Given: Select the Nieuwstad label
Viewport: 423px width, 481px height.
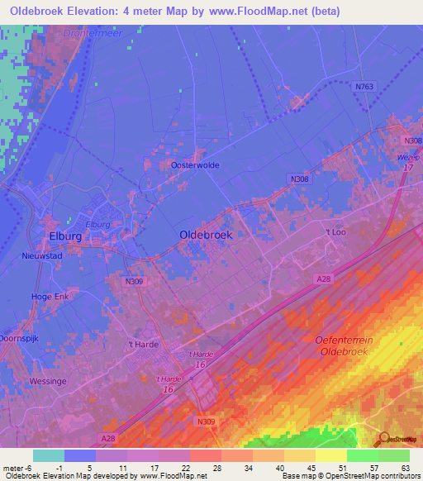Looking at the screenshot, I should (x=42, y=255).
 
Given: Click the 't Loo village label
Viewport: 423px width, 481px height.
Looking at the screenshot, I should (x=335, y=232).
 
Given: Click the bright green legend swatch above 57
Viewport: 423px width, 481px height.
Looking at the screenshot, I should (x=362, y=455).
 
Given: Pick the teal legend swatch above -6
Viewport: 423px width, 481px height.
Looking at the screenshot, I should (x=48, y=455).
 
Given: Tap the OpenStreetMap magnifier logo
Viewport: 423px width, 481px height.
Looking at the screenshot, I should (x=384, y=440).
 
